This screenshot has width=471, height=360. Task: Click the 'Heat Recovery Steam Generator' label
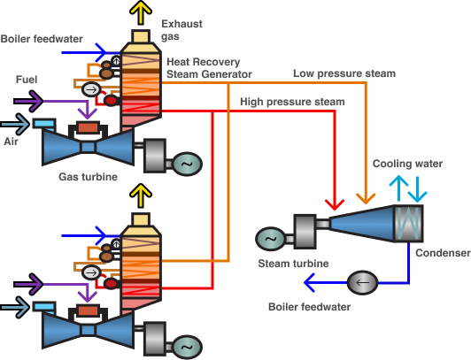point(209,68)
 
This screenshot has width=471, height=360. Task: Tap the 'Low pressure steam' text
point(344,73)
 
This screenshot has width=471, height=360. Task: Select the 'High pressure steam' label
point(292,102)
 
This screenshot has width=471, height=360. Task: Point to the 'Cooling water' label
point(407,164)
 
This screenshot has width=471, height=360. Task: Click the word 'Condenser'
point(443,253)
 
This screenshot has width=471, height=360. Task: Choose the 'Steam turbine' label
point(293,264)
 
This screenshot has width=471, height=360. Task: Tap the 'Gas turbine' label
point(88,177)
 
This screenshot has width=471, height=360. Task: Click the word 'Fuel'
point(27,80)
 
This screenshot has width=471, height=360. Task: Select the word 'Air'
point(11,142)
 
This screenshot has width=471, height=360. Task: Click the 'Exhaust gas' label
point(181,30)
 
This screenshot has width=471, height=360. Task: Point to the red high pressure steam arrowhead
point(335,204)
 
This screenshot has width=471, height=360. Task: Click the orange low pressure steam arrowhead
point(366,199)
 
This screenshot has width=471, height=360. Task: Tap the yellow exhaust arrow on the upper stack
point(141,12)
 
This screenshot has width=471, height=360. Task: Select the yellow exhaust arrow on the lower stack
point(141,195)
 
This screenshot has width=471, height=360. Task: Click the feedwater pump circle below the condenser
point(363,282)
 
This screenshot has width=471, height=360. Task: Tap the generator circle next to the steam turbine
point(270,239)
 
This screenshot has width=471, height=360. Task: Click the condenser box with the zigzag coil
point(408,224)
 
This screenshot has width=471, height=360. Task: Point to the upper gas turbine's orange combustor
point(88,127)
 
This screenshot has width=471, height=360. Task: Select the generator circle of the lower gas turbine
point(188,347)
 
